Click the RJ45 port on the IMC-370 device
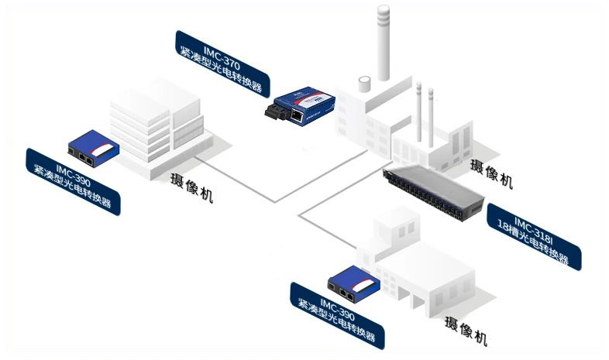coord(298,115)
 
